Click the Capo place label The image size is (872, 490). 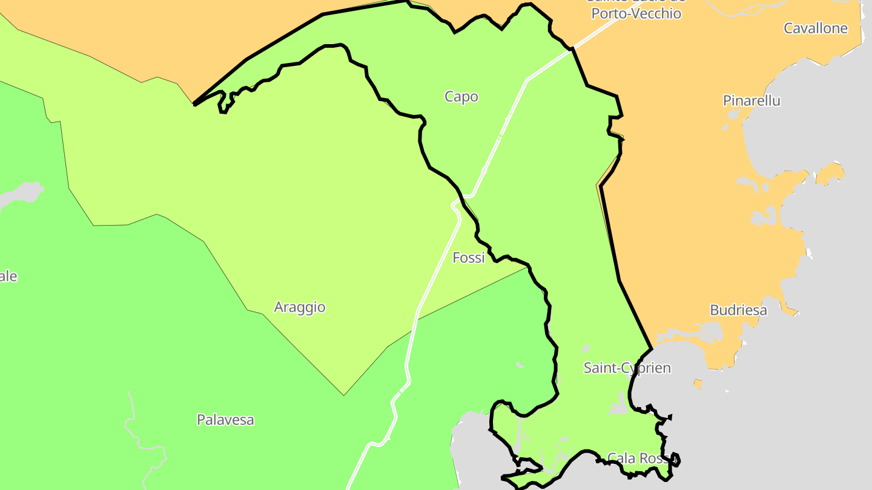pos(461,97)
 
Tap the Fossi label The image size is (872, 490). pos(469,258)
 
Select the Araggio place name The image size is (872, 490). pos(300,307)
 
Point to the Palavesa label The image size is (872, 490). pos(225,420)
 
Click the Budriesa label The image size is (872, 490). pos(738,310)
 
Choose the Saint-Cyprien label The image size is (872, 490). pos(627,368)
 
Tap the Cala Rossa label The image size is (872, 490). pos(639,459)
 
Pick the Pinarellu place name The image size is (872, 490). pos(751,101)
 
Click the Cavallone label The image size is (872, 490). pos(816,28)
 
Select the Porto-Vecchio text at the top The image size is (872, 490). pos(636,13)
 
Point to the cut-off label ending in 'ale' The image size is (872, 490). pos(8,276)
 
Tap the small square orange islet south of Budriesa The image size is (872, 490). pos(698,384)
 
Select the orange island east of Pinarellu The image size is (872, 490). pos(831,172)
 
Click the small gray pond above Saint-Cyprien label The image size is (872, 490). pos(586,349)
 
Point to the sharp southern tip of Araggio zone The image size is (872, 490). pos(344,394)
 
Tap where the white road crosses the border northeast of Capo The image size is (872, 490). pos(571,51)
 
